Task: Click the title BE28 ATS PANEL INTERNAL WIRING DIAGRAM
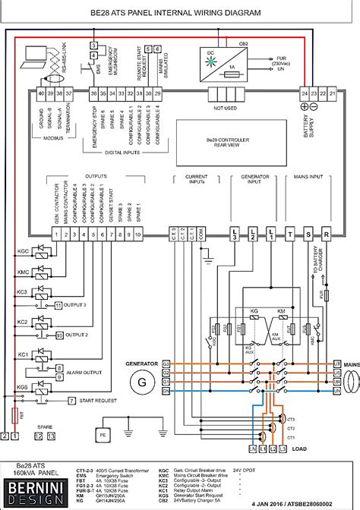click(179, 13)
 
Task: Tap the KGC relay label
click(23, 250)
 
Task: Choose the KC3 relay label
click(23, 291)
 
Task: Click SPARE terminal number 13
click(51, 437)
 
